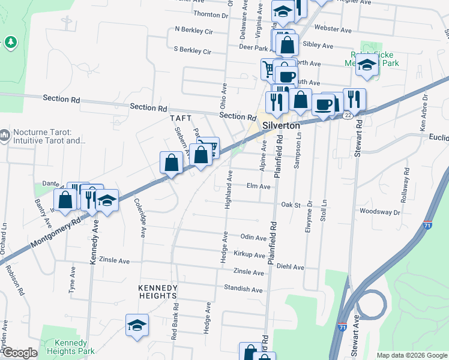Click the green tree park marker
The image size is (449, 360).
click(x=10, y=42)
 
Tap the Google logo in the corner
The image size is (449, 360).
click(x=19, y=353)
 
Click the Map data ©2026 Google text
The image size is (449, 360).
click(x=412, y=355)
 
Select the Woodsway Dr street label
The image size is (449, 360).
click(x=380, y=212)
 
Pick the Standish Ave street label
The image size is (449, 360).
click(x=243, y=289)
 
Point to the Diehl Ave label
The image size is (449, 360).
click(x=291, y=267)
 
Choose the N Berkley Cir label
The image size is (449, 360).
click(x=194, y=29)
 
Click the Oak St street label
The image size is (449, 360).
click(x=291, y=205)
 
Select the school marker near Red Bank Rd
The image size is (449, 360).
click(x=137, y=326)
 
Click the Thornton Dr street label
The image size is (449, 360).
click(x=208, y=13)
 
